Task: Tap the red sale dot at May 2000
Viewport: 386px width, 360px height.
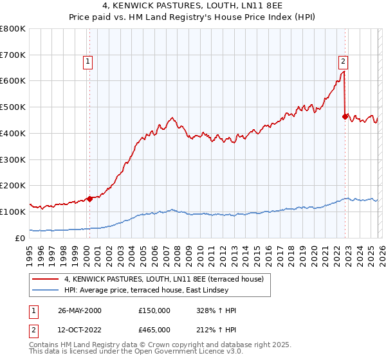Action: (90, 199)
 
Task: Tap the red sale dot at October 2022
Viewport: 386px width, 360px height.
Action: (345, 116)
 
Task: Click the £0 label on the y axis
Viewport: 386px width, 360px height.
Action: (19, 238)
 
